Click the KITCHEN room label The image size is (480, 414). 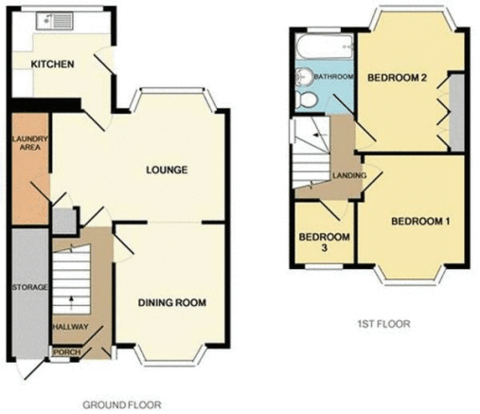pos(52,64)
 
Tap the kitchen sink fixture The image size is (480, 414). pos(55,21)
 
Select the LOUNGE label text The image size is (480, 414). pos(167,171)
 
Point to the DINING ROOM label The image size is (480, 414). pos(172,303)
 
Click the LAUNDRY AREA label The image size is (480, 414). pos(30,143)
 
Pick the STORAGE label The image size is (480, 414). pos(29,287)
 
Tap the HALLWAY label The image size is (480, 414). pos(70,327)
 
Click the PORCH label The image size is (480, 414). pos(66,351)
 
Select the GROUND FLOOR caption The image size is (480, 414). pos(122,405)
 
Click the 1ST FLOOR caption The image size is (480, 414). pos(384,324)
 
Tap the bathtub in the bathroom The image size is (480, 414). pos(325,46)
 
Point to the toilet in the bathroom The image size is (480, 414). pos(306,99)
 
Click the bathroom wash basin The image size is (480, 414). pos(304,77)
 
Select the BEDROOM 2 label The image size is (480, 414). pos(397,78)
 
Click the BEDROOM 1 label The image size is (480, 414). pos(420,222)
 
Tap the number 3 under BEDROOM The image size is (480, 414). pos(324,248)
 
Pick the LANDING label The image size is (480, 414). pos(349,175)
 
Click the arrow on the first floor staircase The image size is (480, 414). pos(319,135)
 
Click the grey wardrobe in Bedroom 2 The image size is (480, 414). pos(456,112)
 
